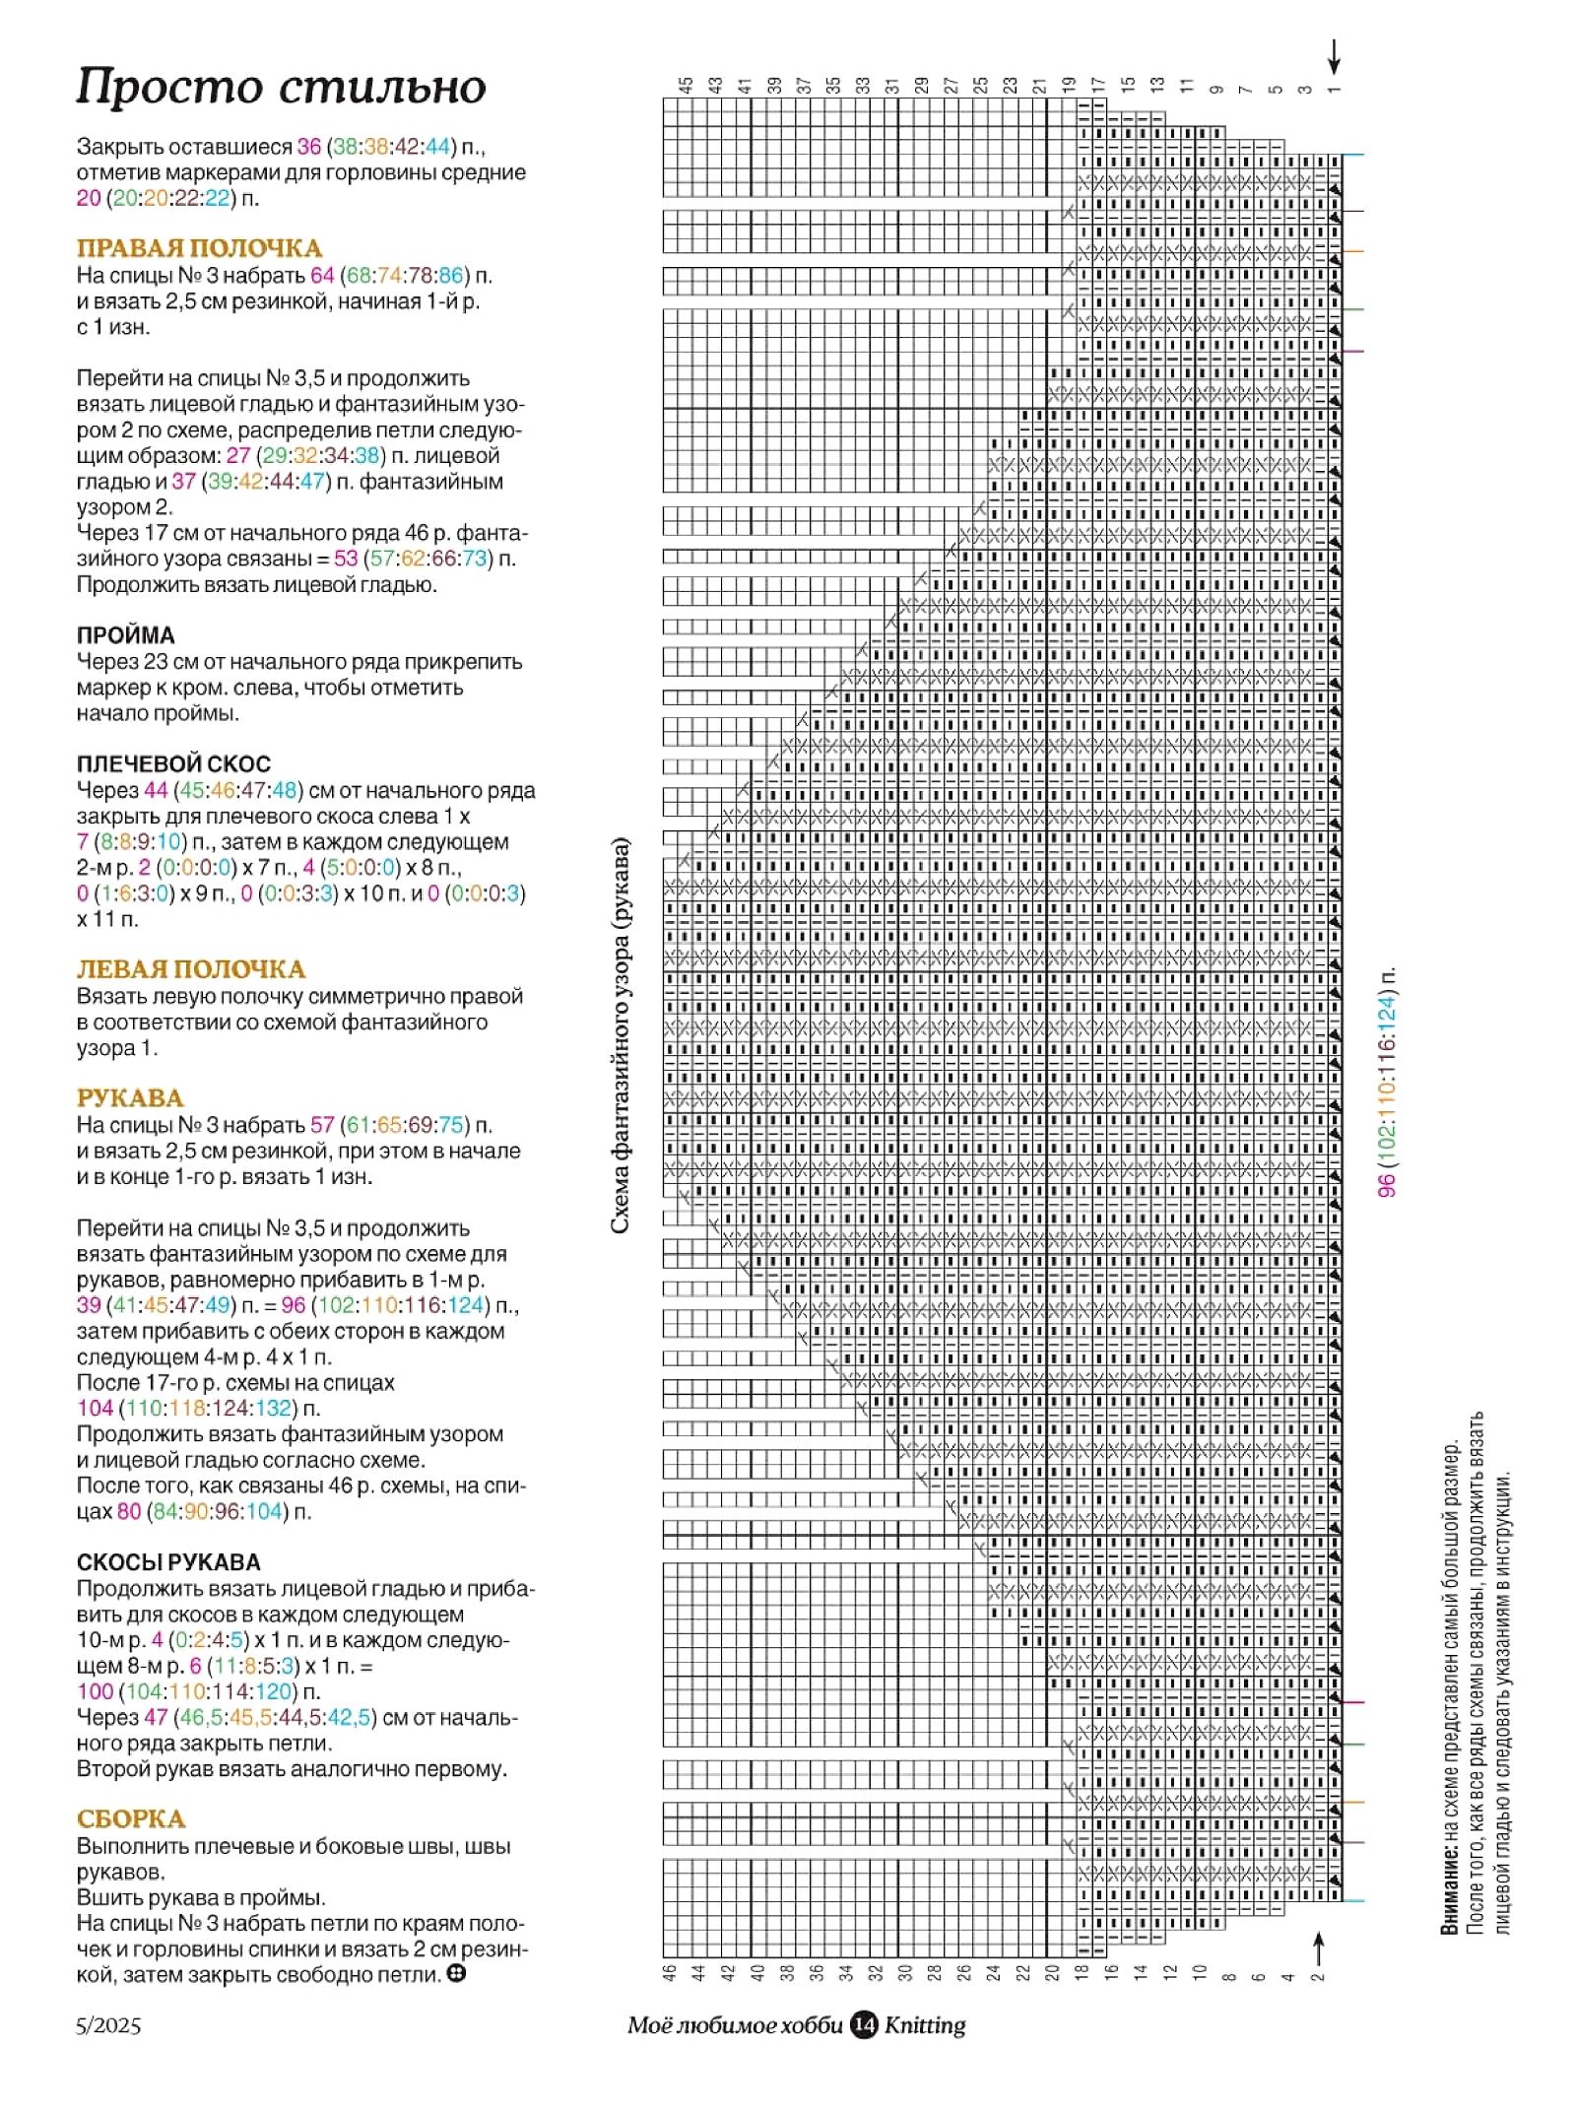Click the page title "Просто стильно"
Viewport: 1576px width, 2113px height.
coord(281,87)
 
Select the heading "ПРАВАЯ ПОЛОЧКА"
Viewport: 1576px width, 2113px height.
coord(199,248)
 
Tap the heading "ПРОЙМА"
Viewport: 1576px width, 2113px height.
coord(126,635)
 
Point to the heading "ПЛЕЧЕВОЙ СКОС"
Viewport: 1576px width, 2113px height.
coord(173,763)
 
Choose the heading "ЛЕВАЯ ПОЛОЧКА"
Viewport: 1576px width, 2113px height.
coord(191,969)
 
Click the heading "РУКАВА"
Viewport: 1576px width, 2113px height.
coord(130,1098)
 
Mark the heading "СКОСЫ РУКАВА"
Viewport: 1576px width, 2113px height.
coord(168,1562)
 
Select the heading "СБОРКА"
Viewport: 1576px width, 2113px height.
coord(131,1819)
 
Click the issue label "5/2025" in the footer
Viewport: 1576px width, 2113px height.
coord(108,2025)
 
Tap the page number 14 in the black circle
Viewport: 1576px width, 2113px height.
coord(864,2024)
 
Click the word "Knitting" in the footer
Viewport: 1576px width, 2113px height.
coord(925,2025)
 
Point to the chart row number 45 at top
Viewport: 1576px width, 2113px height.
coord(687,86)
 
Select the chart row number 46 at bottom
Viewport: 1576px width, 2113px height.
coord(670,1972)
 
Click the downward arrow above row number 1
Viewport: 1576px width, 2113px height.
coord(1334,57)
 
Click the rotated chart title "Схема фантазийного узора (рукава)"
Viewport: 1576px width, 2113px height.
coord(620,1034)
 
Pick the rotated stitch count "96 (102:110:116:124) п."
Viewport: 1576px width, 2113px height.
coord(1387,1082)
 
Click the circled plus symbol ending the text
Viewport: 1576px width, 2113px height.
coord(455,1973)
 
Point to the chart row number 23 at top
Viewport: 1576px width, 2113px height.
coord(1010,86)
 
